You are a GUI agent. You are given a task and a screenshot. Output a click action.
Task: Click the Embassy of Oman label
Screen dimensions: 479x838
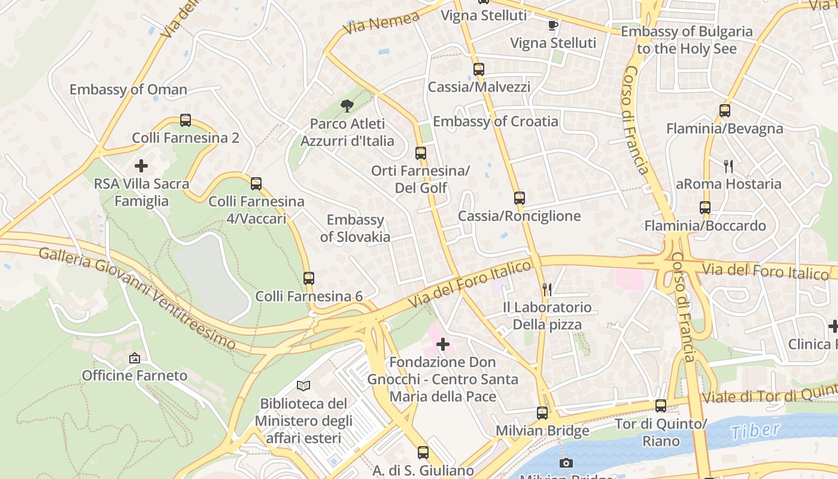pyautogui.click(x=128, y=90)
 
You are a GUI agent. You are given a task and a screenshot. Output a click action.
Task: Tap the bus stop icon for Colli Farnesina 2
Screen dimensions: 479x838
pyautogui.click(x=186, y=120)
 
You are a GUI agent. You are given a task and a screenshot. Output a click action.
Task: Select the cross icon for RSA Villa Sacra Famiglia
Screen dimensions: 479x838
pyautogui.click(x=141, y=166)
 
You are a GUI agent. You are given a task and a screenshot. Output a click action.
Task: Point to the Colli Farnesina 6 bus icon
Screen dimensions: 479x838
pyautogui.click(x=309, y=278)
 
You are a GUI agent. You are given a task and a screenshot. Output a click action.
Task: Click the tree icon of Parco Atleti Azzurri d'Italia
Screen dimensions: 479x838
pyautogui.click(x=347, y=107)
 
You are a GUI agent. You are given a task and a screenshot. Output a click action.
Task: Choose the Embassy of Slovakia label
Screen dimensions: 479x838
pyautogui.click(x=355, y=228)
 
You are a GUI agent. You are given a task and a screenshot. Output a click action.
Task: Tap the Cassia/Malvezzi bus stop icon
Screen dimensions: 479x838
pyautogui.click(x=478, y=69)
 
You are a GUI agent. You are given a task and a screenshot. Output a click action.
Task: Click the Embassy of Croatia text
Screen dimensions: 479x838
pyautogui.click(x=495, y=122)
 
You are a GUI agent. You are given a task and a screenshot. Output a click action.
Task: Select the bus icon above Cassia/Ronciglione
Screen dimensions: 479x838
pyautogui.click(x=519, y=198)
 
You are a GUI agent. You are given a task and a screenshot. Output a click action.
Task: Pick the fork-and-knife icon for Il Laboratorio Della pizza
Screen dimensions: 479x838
pyautogui.click(x=546, y=290)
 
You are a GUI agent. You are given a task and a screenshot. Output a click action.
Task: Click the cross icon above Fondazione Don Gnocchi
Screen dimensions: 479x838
pyautogui.click(x=443, y=344)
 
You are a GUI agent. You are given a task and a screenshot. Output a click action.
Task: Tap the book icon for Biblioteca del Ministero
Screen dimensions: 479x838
pyautogui.click(x=303, y=386)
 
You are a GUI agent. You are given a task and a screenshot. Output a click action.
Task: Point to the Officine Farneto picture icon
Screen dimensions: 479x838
pyautogui.click(x=135, y=358)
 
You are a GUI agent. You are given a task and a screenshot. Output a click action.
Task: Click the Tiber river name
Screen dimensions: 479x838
pyautogui.click(x=755, y=430)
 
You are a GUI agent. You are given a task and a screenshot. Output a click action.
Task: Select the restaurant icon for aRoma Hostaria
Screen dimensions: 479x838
pyautogui.click(x=728, y=166)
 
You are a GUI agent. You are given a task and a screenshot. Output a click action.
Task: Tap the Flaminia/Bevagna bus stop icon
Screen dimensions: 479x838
pyautogui.click(x=725, y=111)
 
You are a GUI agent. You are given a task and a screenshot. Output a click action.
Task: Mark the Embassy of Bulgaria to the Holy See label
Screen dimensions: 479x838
pyautogui.click(x=686, y=40)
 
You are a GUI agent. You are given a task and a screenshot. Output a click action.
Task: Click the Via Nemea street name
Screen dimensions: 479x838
pyautogui.click(x=382, y=23)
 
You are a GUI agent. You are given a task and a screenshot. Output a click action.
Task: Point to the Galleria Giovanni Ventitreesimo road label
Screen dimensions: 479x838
pyautogui.click(x=137, y=296)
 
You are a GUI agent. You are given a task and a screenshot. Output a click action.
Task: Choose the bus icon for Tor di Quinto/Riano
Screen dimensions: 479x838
pyautogui.click(x=661, y=406)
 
